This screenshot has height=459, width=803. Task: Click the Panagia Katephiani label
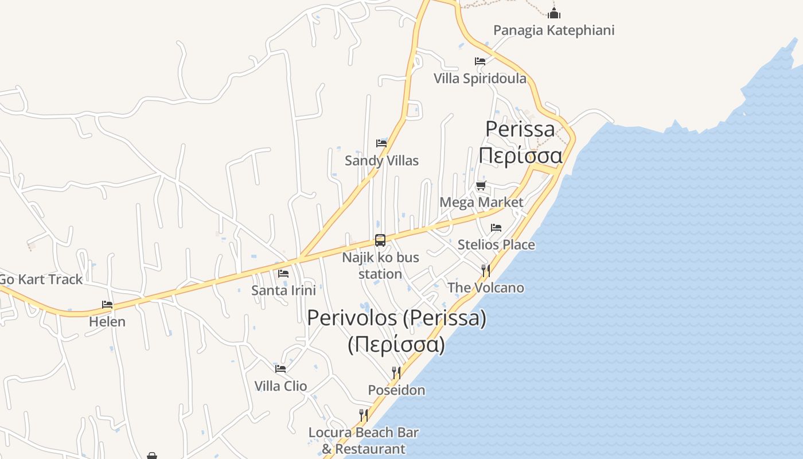pos(553,30)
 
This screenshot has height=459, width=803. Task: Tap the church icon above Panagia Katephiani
pos(553,13)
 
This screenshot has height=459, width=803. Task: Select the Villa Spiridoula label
pos(480,79)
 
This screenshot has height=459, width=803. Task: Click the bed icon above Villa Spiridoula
pos(480,61)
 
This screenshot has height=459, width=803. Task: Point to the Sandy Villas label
pos(381,161)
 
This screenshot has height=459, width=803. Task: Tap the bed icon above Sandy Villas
pos(381,143)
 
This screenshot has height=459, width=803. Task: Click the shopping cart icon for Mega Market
pos(481,185)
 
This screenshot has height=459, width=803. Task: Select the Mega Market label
pos(481,202)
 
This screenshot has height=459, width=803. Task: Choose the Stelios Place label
pos(496,245)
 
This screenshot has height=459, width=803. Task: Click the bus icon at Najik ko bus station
pos(380,240)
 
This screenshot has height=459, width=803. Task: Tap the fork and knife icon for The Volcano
pos(485,270)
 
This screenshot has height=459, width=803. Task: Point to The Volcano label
pos(485,287)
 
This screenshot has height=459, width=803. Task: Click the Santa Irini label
pos(283,290)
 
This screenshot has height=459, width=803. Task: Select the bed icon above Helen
pos(107,305)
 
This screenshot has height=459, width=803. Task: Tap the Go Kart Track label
pos(41,279)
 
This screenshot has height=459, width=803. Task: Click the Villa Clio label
pos(280,386)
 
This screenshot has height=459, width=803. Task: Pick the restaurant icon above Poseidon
pos(396,373)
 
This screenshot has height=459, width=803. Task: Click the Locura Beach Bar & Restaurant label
pos(364,441)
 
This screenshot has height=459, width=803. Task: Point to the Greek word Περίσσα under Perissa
pos(520,155)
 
